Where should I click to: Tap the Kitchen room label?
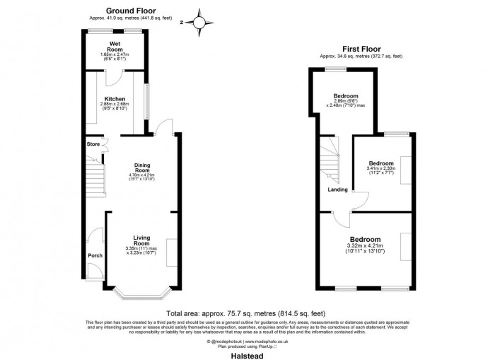click(x=115, y=99)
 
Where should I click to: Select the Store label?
click(x=93, y=144)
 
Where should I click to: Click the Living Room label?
click(x=142, y=240)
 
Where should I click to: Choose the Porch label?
click(x=94, y=255)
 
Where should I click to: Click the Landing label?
click(x=337, y=190)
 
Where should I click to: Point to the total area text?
click(x=247, y=312)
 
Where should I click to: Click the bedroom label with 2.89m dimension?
click(x=346, y=96)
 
